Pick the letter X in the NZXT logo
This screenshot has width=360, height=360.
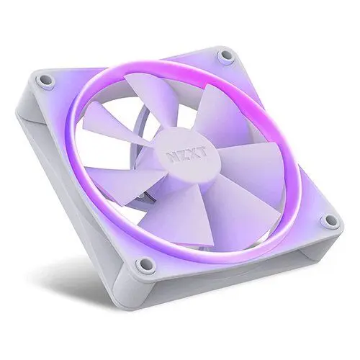pyautogui.click(x=194, y=153)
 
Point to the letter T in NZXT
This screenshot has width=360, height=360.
pyautogui.click(x=202, y=151)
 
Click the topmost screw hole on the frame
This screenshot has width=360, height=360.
pyautogui.click(x=225, y=55)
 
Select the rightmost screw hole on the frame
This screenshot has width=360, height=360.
pyautogui.click(x=331, y=219)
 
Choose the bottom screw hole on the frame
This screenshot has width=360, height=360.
pyautogui.click(x=145, y=264)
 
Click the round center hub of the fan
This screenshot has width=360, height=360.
pyautogui.click(x=187, y=155)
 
